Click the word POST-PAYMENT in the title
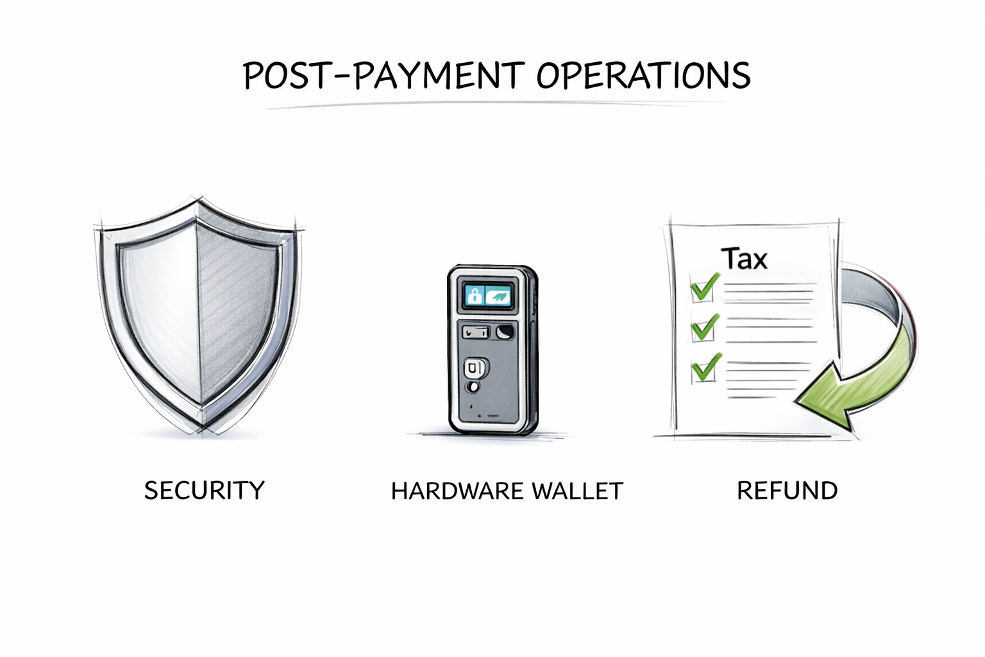tap(383, 76)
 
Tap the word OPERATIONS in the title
tap(643, 76)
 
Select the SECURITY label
tap(204, 491)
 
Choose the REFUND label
tap(787, 491)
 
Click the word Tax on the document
tap(744, 259)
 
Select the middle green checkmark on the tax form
tap(704, 327)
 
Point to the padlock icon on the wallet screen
tap(475, 296)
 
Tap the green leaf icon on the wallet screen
tap(499, 296)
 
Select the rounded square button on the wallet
tap(475, 368)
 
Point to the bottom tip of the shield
tap(203, 429)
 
